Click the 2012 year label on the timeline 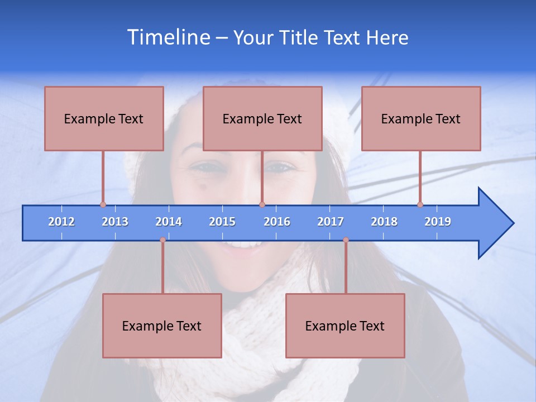(61, 222)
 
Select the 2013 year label (115, 222)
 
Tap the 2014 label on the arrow (169, 222)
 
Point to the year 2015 (222, 222)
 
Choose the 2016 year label (277, 222)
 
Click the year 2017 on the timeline (331, 222)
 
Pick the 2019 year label (438, 222)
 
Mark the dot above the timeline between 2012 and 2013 (103, 204)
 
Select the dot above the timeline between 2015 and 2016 (262, 204)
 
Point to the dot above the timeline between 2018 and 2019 (420, 204)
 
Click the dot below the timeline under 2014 (162, 240)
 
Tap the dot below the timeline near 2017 (346, 240)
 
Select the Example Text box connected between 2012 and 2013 (104, 118)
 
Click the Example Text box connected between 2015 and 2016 (262, 118)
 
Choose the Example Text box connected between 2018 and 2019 (421, 118)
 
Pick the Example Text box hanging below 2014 (162, 326)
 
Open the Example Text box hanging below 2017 (345, 326)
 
